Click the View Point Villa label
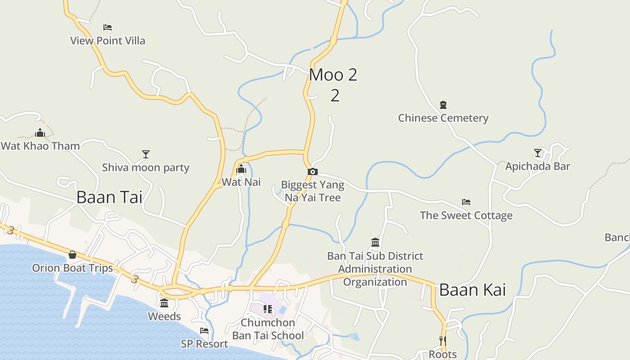point(108,40)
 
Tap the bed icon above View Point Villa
point(107,27)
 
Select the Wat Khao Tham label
point(40,146)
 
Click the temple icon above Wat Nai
point(241,169)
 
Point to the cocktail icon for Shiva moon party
point(145,154)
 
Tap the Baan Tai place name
point(109,197)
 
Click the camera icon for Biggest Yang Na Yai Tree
point(313,171)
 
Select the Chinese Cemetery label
point(443,118)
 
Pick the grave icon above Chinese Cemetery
point(443,105)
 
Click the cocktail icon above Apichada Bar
point(537,153)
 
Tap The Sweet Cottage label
point(466,216)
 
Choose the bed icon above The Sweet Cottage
point(466,202)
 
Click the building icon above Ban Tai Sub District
point(375,243)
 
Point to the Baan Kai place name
point(472,290)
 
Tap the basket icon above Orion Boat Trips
point(72,255)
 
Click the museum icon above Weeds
point(164,303)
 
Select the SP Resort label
point(204,344)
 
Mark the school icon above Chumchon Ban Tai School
point(268,309)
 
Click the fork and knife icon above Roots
point(443,341)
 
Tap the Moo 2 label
point(333,75)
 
